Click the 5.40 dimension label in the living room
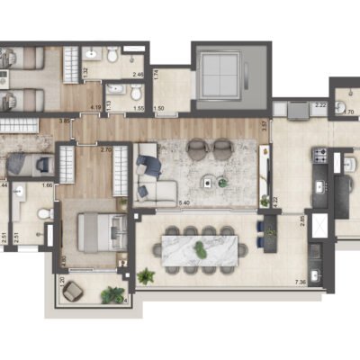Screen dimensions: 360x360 tap(184, 204)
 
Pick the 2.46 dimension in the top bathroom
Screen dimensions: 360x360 tap(138, 75)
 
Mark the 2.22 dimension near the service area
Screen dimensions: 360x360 tap(319, 106)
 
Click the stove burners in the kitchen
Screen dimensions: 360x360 tap(319, 160)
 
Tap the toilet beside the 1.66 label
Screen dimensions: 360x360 tap(43, 214)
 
